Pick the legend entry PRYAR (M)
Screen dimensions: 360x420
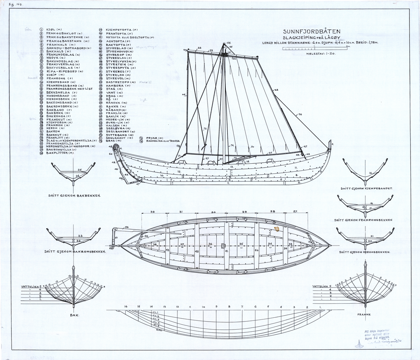point(150,138)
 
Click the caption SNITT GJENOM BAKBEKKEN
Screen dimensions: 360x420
point(73,196)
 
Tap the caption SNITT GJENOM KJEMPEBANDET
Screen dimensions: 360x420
point(366,188)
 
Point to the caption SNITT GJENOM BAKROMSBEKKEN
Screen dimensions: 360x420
point(75,252)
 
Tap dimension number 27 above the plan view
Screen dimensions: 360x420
point(295,212)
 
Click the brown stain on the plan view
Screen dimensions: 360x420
point(277,229)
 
